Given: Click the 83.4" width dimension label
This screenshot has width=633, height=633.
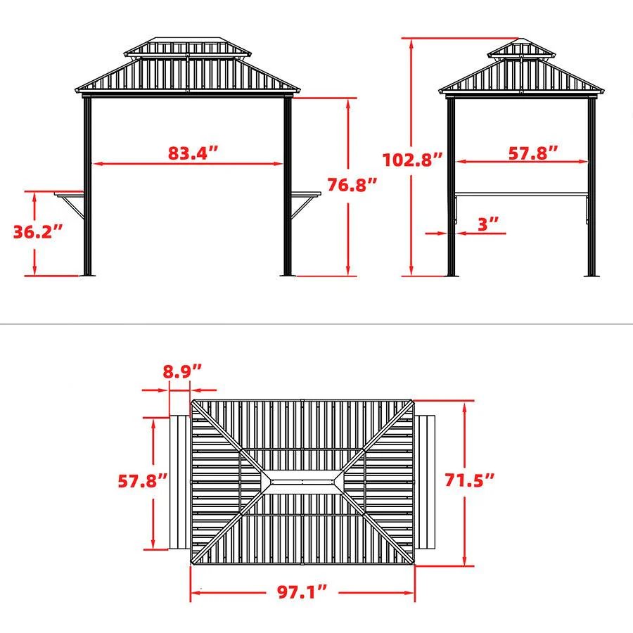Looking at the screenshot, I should coord(193,153).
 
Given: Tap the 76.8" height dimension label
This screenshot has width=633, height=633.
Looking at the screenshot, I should coord(352,185).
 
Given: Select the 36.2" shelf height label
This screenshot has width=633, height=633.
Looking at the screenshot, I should coord(38,231).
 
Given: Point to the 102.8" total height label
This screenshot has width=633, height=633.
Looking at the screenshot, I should coord(412,159).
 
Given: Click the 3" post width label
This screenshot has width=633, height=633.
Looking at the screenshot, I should coord(488,224).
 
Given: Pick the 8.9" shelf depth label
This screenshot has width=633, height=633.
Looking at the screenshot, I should coord(182,371).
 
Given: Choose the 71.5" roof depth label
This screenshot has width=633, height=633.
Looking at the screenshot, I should coord(470,481).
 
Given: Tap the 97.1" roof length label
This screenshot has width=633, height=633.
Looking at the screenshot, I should coord(301,591).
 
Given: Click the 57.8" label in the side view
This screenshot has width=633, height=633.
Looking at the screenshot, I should coord(535,152).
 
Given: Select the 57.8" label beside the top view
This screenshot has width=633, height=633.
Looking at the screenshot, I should coord(143,481).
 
